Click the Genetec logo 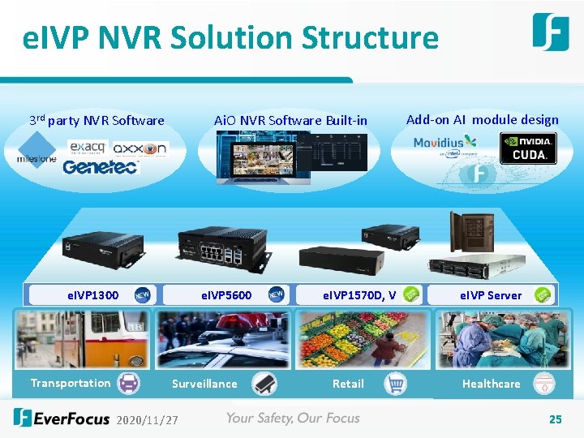pos(101,166)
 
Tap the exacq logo pos(88,147)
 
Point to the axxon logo pos(140,148)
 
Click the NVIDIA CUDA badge pos(528,148)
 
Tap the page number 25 pos(555,419)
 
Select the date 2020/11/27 pos(148,420)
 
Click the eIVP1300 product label pos(92,295)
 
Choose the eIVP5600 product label pos(226,295)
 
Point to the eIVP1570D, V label pos(359,295)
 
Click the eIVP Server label pos(491,295)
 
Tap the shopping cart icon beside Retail pos(395,384)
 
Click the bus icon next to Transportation pos(129,383)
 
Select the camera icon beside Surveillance pos(264,384)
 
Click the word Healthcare pos(491,384)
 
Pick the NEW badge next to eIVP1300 pos(142,294)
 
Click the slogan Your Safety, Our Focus pos(292,419)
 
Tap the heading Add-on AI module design pos(482,120)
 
